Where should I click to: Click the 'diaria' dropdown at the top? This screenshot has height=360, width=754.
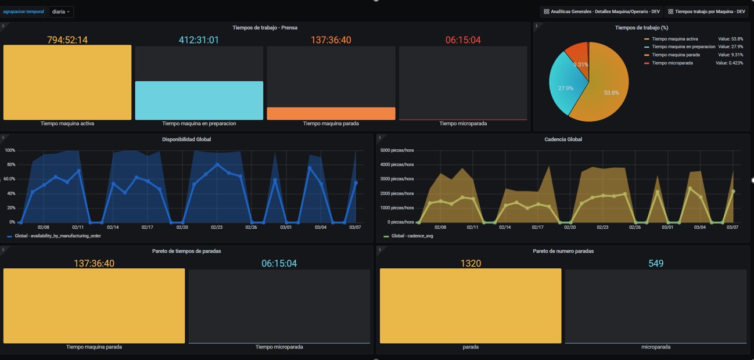coord(60,12)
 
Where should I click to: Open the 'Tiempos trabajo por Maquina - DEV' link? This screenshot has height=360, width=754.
coord(706,12)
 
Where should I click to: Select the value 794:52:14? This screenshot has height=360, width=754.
coord(67,40)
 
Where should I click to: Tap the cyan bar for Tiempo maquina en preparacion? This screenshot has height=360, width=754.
coord(199,100)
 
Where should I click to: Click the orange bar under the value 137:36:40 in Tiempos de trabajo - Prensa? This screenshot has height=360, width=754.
coord(331,113)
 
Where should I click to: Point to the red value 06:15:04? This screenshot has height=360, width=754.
coord(463,40)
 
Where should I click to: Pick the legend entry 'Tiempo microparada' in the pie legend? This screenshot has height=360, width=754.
coord(672,63)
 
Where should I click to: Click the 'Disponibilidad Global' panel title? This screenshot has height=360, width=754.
coord(186,139)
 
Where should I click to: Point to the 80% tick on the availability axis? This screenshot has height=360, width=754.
coord(10,164)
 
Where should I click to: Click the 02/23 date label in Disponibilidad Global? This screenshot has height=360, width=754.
coord(217,228)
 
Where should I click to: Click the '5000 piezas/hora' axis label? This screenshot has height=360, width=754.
coord(397,150)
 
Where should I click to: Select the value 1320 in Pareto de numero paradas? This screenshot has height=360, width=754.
coord(471,264)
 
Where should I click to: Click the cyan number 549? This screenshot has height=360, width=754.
coord(656,264)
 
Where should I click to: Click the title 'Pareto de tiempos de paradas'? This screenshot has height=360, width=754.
coord(186,251)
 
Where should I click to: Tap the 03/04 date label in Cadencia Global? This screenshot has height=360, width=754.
coord(699,228)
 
